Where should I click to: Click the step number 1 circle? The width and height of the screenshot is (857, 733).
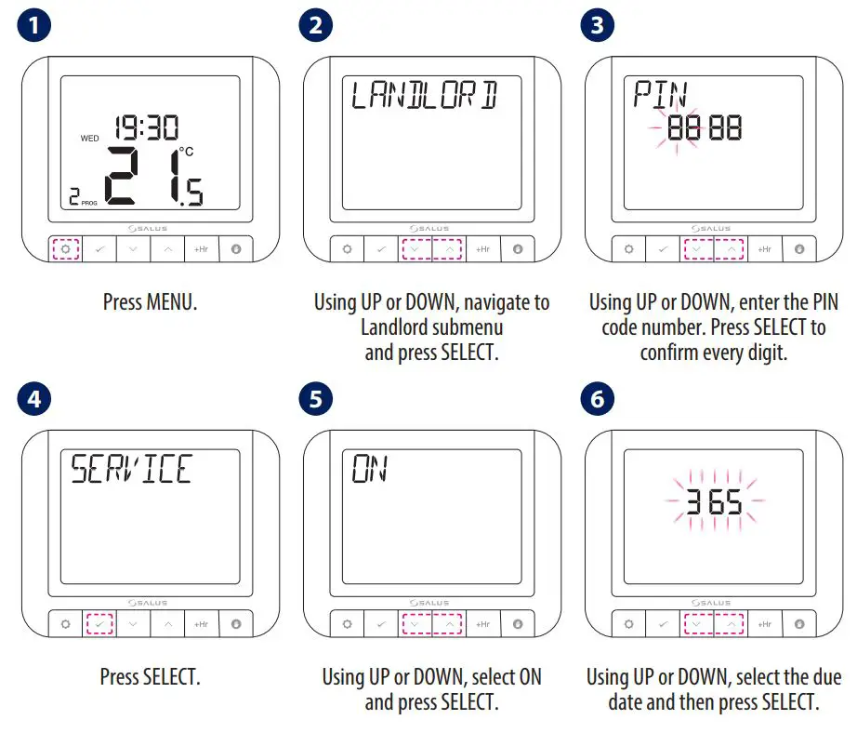(x=34, y=25)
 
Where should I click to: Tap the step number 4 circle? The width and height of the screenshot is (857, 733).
(x=34, y=400)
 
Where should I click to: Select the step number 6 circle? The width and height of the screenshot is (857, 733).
(x=597, y=400)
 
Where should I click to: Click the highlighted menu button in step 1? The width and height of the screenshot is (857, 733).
(x=65, y=249)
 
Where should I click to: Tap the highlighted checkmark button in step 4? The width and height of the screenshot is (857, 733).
(x=99, y=624)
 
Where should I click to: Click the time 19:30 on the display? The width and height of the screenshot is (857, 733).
(x=146, y=128)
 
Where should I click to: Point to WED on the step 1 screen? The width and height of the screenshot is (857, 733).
(x=89, y=139)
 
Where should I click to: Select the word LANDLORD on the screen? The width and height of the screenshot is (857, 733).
(x=423, y=95)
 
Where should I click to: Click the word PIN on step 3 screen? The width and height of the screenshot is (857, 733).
(x=660, y=94)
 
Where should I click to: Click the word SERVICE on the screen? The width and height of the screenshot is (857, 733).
(x=131, y=469)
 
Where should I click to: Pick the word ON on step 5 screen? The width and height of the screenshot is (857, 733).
(x=369, y=469)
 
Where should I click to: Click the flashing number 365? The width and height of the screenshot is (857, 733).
(x=715, y=503)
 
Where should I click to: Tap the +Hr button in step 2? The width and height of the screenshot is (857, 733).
(x=482, y=249)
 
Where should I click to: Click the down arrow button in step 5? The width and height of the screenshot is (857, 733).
(x=415, y=624)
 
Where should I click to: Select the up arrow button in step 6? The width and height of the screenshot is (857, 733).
(x=731, y=624)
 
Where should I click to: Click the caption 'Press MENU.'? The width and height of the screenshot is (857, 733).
(x=150, y=302)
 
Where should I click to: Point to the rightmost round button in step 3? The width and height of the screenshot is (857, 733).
(x=798, y=249)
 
